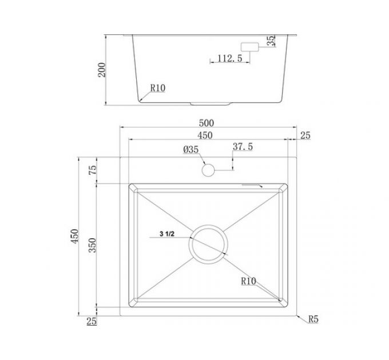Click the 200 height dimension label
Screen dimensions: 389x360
tap(102, 70)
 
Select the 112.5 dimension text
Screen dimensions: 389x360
tap(230, 58)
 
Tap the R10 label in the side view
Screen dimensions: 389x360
tap(158, 88)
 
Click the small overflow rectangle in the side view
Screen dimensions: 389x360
tap(250, 47)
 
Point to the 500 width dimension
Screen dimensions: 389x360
tap(207, 123)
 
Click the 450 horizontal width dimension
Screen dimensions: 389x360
tap(205, 135)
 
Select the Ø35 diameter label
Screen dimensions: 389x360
tap(190, 149)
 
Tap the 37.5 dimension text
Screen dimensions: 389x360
tap(243, 147)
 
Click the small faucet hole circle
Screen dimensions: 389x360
tap(208, 170)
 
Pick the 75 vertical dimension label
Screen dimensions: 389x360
tap(92, 170)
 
